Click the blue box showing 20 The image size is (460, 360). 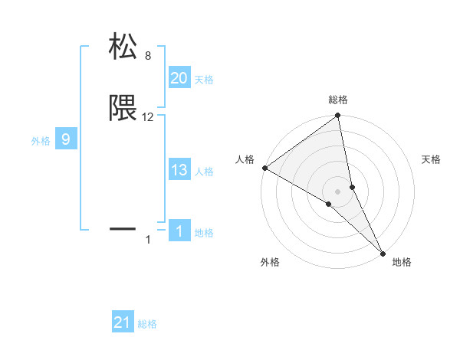click(179, 78)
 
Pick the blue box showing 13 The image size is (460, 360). click(179, 170)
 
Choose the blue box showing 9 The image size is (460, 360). click(66, 139)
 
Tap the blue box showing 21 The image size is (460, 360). click(123, 322)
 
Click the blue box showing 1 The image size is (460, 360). click(179, 231)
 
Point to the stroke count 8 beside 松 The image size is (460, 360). click(148, 56)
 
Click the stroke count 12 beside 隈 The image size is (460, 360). click(148, 117)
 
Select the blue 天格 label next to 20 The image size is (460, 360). click(204, 80)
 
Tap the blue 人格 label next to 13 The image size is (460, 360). click(204, 172)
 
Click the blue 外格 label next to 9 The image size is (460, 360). click(41, 141)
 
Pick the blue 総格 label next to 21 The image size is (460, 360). click(147, 324)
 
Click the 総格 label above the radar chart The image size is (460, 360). click(338, 100)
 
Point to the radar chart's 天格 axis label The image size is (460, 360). click(431, 159)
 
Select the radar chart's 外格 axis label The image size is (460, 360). click(270, 262)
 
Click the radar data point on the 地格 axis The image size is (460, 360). click(383, 252)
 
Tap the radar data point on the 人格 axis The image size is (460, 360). click(264, 168)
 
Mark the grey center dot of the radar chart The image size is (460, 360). click(338, 191)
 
